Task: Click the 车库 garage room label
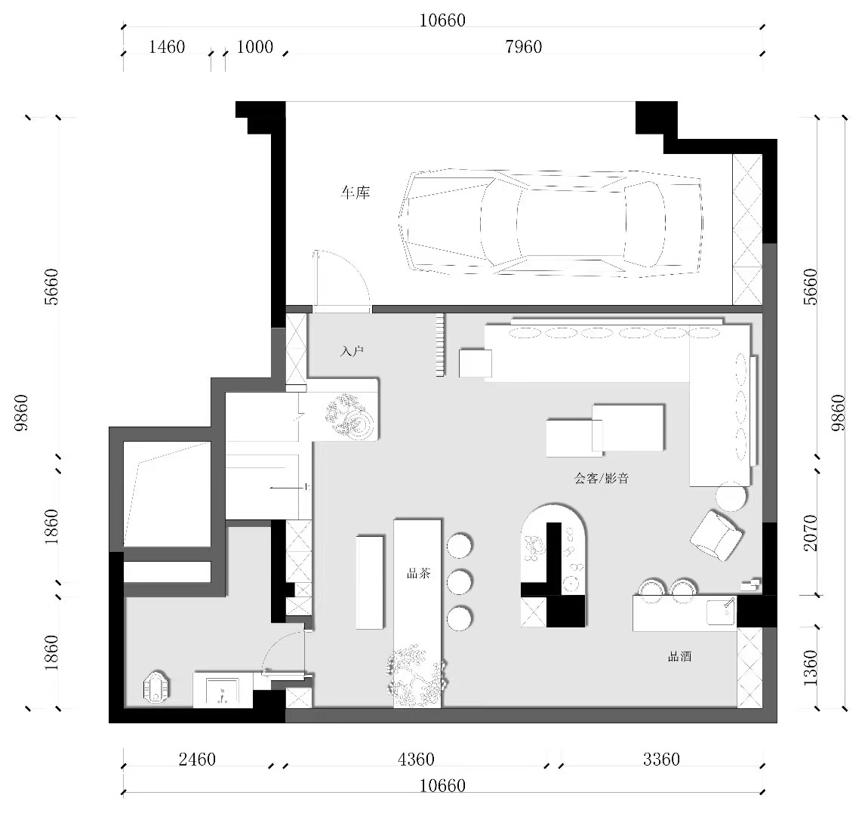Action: pos(355,193)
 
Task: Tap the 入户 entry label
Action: pos(352,351)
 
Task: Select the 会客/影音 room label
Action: pos(601,478)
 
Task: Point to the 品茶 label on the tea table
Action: pos(418,573)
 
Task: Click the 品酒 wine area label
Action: pos(680,657)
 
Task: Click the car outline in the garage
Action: pos(551,221)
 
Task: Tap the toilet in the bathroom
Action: pos(156,687)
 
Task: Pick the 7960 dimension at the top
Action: pos(523,47)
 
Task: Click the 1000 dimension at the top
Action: pos(254,47)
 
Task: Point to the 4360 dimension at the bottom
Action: pos(416,759)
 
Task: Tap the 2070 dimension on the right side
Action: pos(810,533)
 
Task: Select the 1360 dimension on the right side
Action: pos(810,668)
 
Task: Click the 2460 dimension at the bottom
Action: pos(197,759)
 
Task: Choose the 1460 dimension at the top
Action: pos(167,47)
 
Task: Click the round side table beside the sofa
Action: pos(731,497)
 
